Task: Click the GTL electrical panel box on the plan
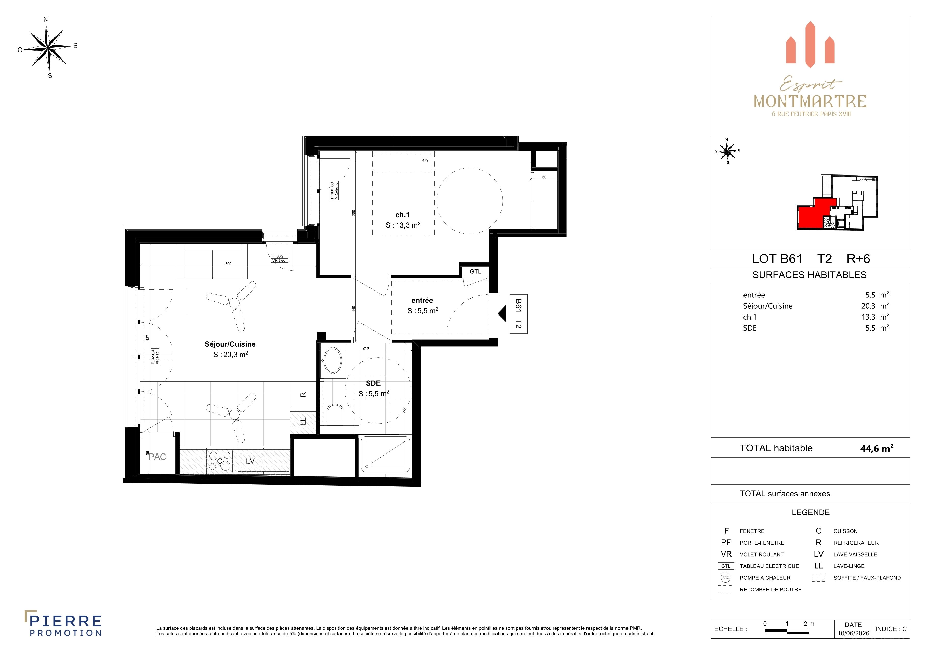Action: pyautogui.click(x=475, y=271)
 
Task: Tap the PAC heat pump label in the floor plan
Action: pyautogui.click(x=158, y=457)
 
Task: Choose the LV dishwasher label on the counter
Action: pyautogui.click(x=250, y=461)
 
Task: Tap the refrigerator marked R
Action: pyautogui.click(x=303, y=395)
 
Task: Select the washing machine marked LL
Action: pyautogui.click(x=303, y=421)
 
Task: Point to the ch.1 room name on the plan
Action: pyautogui.click(x=402, y=215)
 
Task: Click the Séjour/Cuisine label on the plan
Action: pyautogui.click(x=230, y=344)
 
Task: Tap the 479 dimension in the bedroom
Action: pyautogui.click(x=425, y=160)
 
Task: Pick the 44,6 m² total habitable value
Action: pyautogui.click(x=877, y=448)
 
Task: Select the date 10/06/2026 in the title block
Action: pyautogui.click(x=853, y=633)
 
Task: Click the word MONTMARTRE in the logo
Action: pyautogui.click(x=810, y=102)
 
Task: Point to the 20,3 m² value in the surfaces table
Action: pyautogui.click(x=875, y=306)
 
